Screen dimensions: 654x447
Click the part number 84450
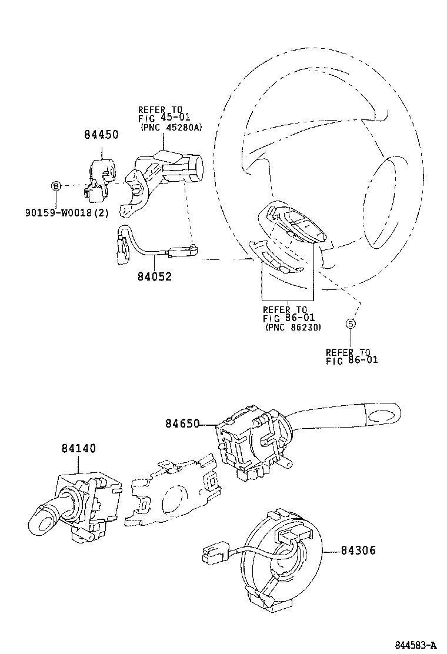tap(101, 135)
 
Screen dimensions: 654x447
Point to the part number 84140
tap(78, 448)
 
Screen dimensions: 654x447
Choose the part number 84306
tap(358, 550)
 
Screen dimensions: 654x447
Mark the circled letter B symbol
tap(55, 186)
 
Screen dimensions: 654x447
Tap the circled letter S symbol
tap(350, 323)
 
